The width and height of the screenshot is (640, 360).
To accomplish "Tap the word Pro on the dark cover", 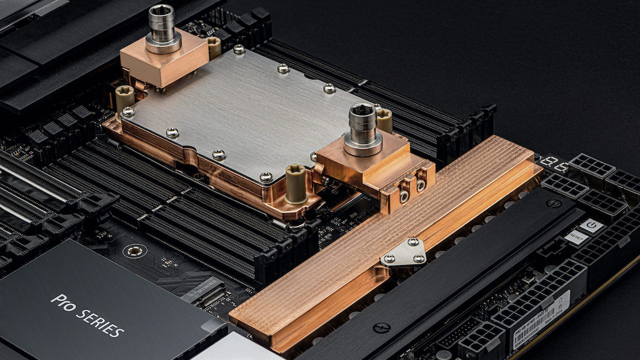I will click(x=62, y=301).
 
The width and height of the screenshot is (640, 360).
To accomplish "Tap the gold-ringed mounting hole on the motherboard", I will click(x=134, y=252).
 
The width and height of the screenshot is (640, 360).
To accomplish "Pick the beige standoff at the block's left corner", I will click(x=124, y=98).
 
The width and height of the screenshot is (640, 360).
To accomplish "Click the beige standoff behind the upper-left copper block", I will click(x=214, y=46).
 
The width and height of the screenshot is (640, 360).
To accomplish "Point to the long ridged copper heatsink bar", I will click(x=387, y=237).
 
